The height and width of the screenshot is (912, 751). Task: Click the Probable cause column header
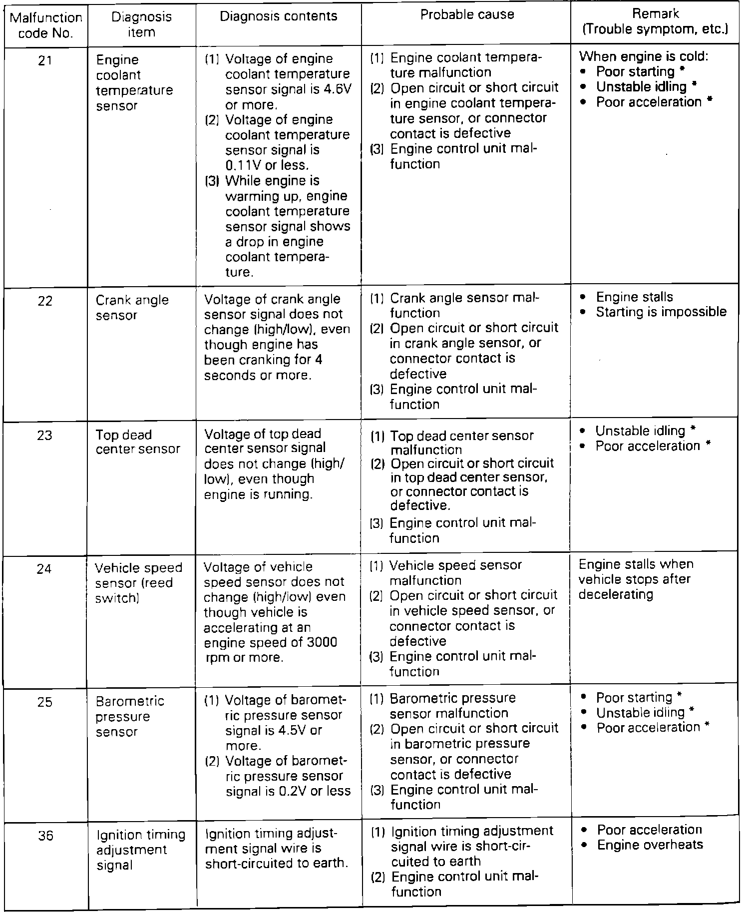coord(467,15)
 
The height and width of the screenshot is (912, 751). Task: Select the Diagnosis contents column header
coord(279,16)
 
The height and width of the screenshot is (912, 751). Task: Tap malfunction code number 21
coord(45,60)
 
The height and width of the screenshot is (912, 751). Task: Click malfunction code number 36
coord(45,836)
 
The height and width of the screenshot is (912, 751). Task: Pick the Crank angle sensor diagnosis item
coord(132,308)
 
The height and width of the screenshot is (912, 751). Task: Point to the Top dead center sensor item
coord(137,442)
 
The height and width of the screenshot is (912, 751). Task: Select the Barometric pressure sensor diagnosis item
coord(129,716)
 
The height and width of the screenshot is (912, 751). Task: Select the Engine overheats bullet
coord(650,845)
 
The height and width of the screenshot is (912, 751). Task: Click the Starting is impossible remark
coord(661,312)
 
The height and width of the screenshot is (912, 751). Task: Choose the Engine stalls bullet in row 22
coord(634,297)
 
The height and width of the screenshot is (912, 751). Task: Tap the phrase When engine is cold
coord(644,56)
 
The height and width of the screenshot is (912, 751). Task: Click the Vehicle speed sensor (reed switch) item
coord(138,583)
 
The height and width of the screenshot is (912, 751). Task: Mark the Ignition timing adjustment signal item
coord(140,850)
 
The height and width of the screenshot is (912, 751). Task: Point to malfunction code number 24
coord(44,569)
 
